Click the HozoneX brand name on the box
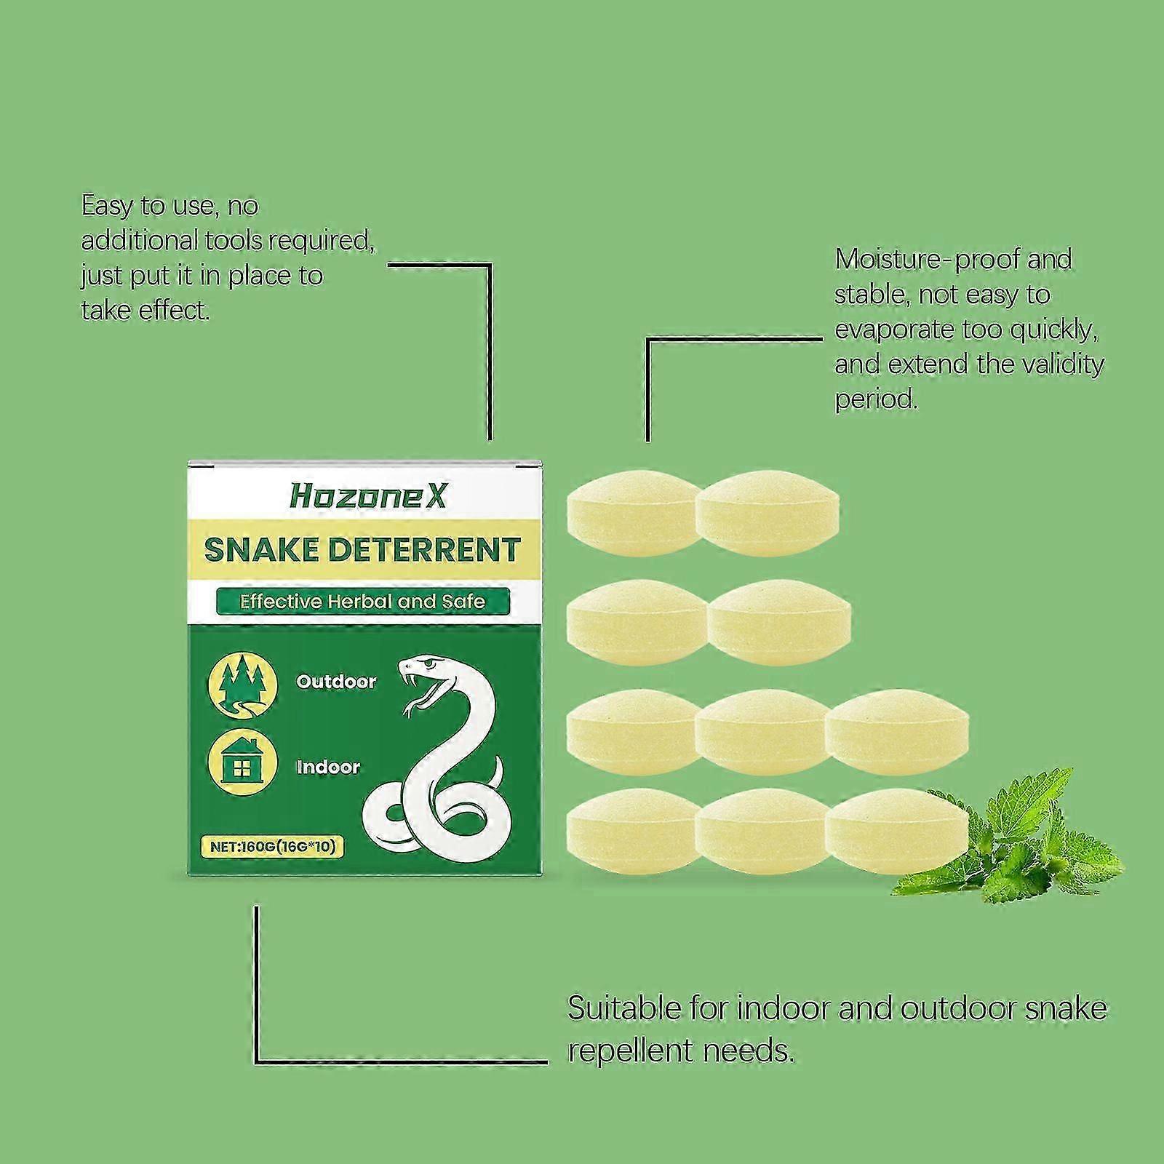pyautogui.click(x=368, y=496)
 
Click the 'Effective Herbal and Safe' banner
pyautogui.click(x=362, y=602)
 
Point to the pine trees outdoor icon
pyautogui.click(x=243, y=684)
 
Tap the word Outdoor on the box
pyautogui.click(x=336, y=682)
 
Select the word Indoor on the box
pyautogui.click(x=328, y=767)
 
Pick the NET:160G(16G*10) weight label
pyautogui.click(x=271, y=847)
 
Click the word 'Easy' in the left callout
pyautogui.click(x=107, y=207)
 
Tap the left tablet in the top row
pyautogui.click(x=631, y=514)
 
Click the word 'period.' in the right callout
pyautogui.click(x=876, y=399)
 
